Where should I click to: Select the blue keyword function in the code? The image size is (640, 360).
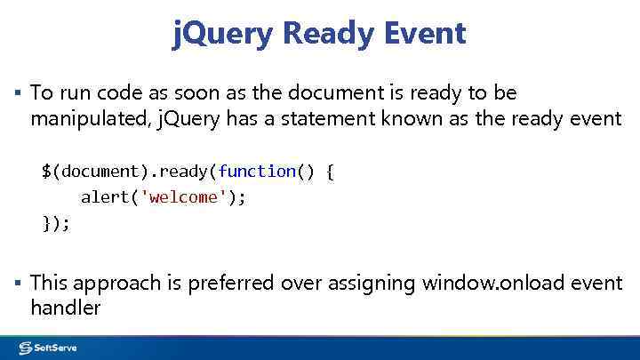(257, 171)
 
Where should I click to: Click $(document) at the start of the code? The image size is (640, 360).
(85, 171)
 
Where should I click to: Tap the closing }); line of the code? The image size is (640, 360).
(56, 223)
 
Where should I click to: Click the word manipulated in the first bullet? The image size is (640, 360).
(82, 118)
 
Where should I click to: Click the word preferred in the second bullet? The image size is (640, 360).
(232, 284)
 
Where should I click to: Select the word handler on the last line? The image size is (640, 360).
(65, 308)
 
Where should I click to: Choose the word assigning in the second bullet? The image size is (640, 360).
(372, 284)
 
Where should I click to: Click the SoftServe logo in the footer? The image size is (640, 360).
(48, 348)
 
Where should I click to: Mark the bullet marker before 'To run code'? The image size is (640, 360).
(19, 92)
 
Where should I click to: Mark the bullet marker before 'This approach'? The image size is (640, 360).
(19, 283)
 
